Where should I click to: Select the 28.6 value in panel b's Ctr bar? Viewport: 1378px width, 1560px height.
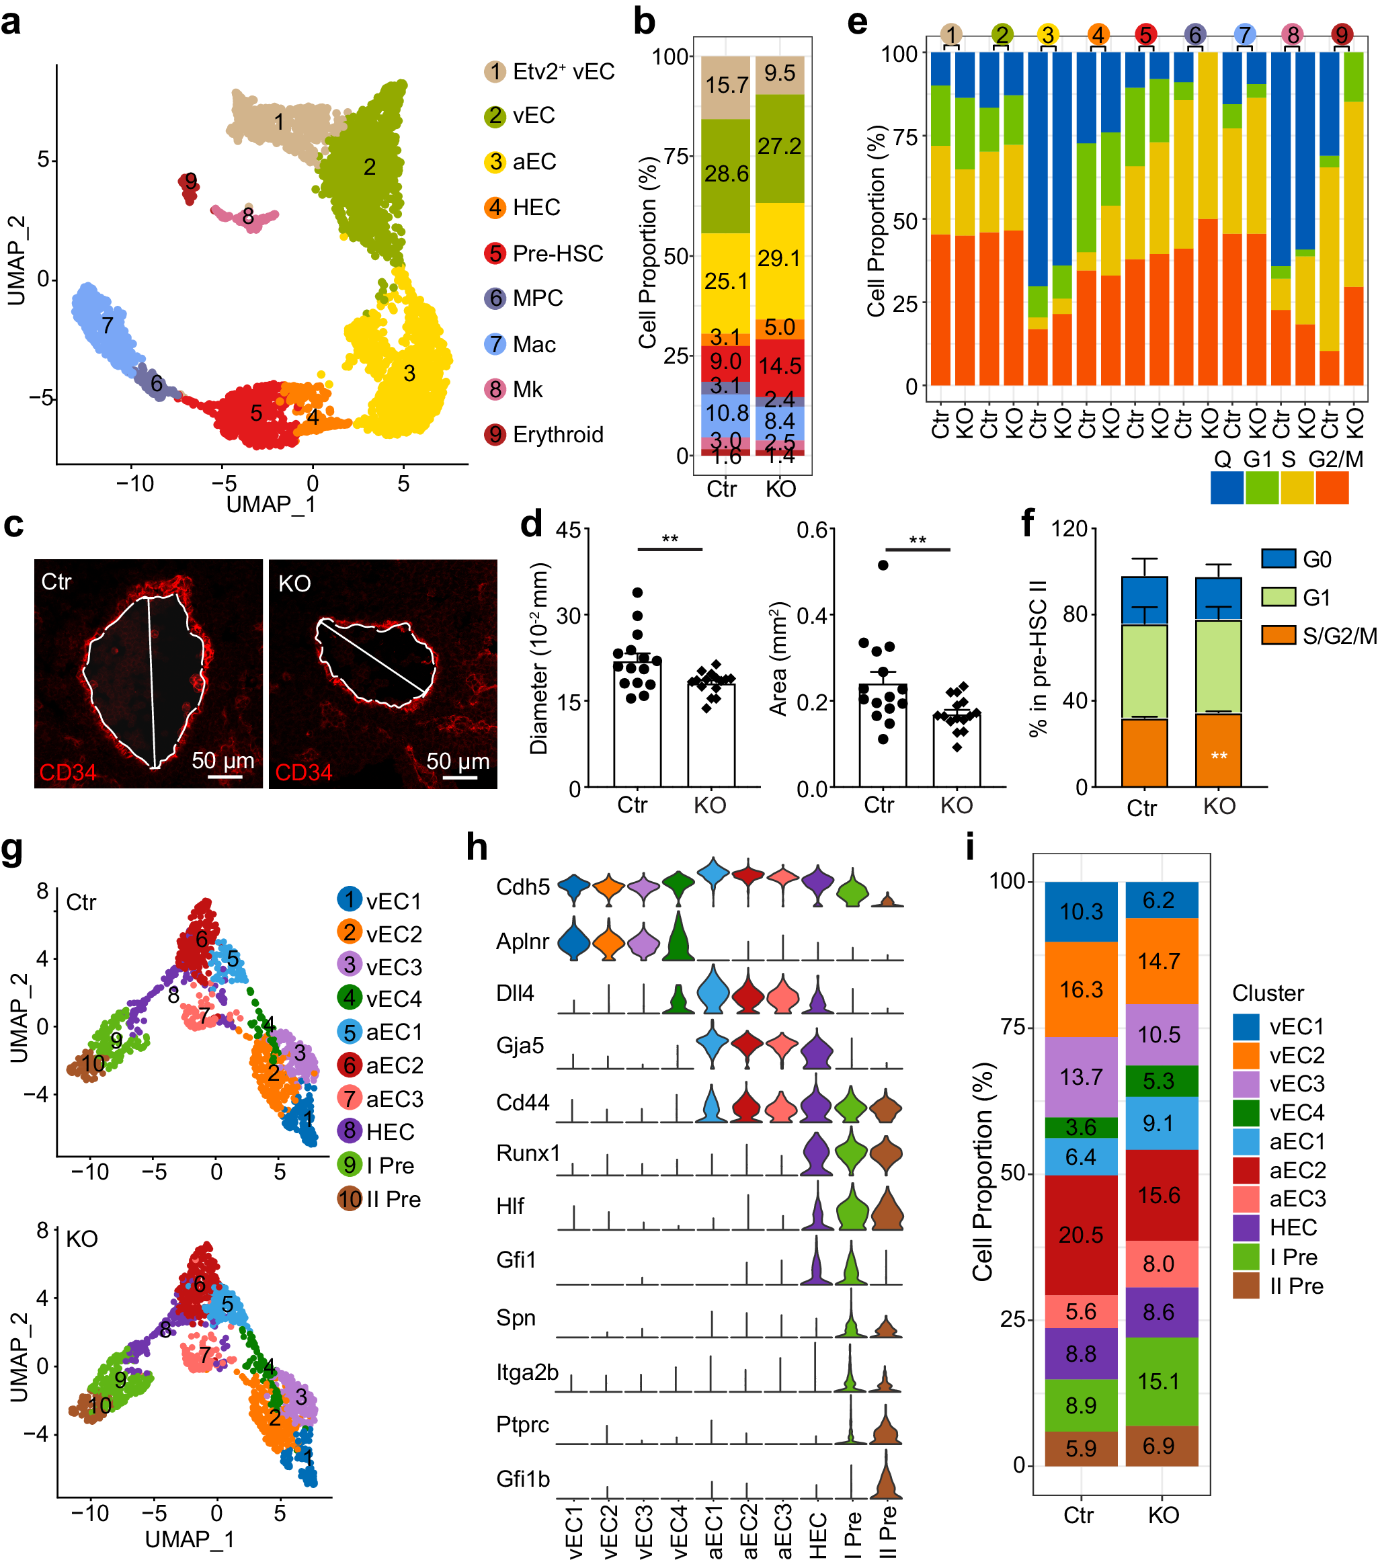(x=726, y=174)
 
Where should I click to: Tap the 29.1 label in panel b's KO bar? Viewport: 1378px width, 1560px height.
(x=778, y=258)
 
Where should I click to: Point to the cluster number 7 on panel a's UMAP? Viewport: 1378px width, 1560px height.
(x=108, y=325)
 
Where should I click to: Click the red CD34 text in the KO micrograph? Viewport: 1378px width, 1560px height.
(x=303, y=772)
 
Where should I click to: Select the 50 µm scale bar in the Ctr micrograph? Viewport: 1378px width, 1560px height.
(x=225, y=777)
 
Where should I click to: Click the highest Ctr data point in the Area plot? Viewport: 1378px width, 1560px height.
(x=883, y=565)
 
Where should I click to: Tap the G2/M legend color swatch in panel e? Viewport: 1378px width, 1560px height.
(x=1332, y=487)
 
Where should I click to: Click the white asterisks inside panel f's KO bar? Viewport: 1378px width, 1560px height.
(x=1219, y=756)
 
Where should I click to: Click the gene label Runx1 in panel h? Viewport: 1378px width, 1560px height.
(x=528, y=1153)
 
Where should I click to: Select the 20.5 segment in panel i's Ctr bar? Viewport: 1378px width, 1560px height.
(x=1080, y=1235)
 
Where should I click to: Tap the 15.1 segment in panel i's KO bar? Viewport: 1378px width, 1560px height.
(x=1159, y=1381)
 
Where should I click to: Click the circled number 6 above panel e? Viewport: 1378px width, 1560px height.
(x=1194, y=34)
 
